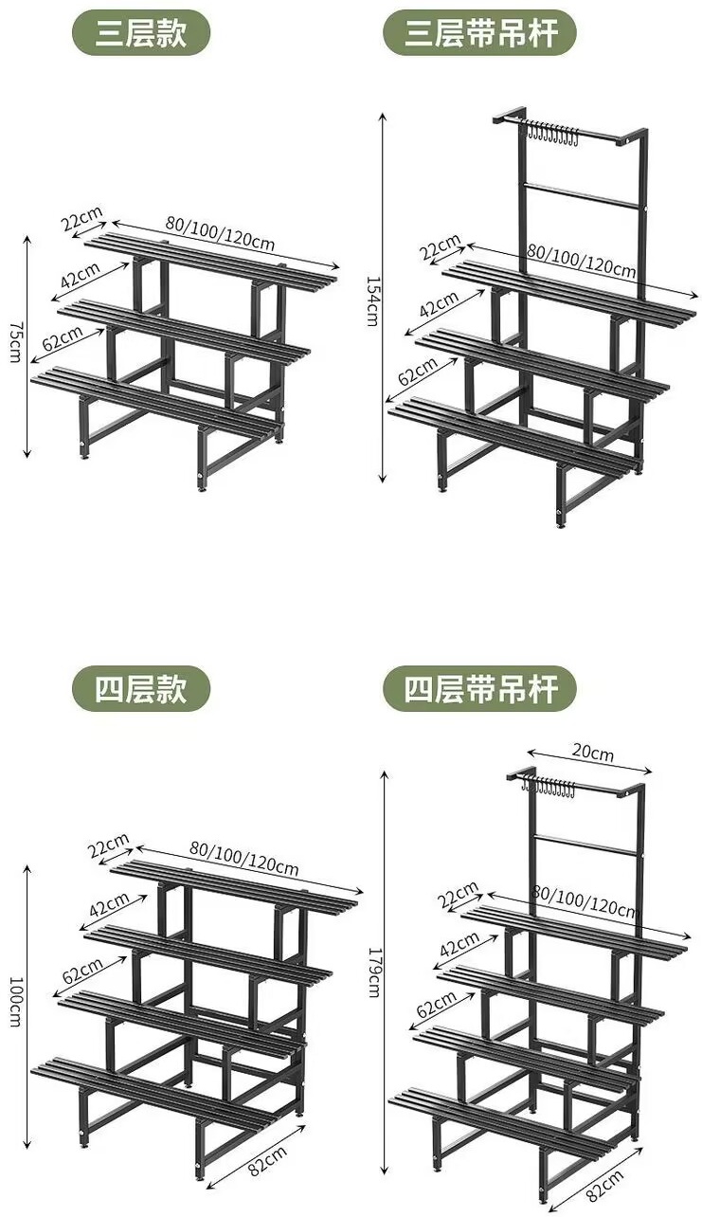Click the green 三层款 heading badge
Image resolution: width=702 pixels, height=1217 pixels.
pos(140,33)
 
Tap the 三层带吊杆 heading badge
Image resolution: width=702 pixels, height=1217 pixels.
pos(480,33)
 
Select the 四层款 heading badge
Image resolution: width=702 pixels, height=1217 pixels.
pos(140,689)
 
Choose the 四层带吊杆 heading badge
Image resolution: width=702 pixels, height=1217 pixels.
pos(480,689)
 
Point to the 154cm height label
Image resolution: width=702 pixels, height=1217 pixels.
pos(372,301)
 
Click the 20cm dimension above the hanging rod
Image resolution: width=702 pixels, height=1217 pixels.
pos(592,753)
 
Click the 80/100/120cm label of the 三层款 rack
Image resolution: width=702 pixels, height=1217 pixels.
pos(221,232)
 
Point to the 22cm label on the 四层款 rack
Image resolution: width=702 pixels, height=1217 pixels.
pos(109,845)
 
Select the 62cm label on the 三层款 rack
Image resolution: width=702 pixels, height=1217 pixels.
pos(63,338)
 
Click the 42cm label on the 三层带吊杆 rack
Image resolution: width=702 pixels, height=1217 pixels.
pos(439,304)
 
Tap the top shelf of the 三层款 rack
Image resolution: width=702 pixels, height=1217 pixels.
pos(210,263)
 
